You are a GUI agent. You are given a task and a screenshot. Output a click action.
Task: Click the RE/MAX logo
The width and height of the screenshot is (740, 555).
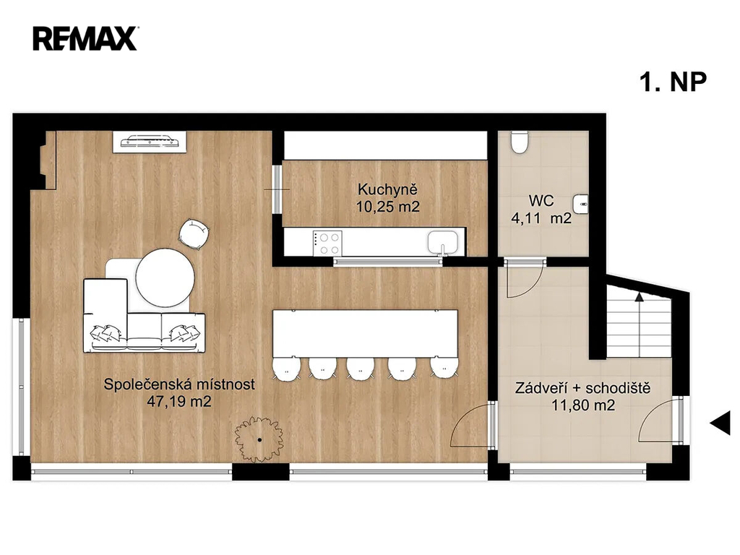click(x=85, y=38)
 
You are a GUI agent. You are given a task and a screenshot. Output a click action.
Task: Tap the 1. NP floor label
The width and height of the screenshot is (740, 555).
click(x=674, y=82)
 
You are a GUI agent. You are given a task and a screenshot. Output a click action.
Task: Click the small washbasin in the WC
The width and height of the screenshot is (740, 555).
click(x=580, y=205)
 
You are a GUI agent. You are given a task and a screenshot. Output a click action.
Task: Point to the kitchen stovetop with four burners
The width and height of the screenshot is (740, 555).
click(x=327, y=243)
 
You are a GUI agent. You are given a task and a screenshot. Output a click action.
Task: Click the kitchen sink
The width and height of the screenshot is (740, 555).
click(x=443, y=243)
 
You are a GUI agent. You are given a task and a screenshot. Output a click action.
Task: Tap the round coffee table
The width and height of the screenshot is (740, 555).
click(x=165, y=278)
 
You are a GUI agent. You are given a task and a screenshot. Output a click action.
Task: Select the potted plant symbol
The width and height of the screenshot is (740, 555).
click(x=259, y=439)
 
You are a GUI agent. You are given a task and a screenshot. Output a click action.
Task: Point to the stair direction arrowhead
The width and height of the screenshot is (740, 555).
click(x=639, y=296)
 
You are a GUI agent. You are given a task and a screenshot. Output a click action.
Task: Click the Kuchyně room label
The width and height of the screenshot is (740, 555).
click(x=387, y=190)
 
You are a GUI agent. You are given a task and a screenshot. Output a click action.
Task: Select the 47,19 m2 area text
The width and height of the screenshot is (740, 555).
click(x=179, y=402)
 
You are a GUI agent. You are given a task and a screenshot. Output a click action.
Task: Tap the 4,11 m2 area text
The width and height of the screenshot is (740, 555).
click(x=541, y=218)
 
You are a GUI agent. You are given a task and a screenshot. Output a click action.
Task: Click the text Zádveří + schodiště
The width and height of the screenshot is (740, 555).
click(x=583, y=388)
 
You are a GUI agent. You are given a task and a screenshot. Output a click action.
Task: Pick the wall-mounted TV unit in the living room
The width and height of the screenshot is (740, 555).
click(x=149, y=142)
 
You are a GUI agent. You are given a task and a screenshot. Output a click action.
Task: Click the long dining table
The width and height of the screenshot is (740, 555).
click(x=365, y=334)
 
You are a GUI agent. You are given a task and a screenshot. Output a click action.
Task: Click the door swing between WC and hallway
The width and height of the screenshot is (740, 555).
click(x=522, y=278)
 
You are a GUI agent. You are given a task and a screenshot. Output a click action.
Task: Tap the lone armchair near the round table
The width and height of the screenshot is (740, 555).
click(x=194, y=233)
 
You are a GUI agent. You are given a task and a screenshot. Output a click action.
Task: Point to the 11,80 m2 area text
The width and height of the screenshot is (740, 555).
click(x=583, y=405)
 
